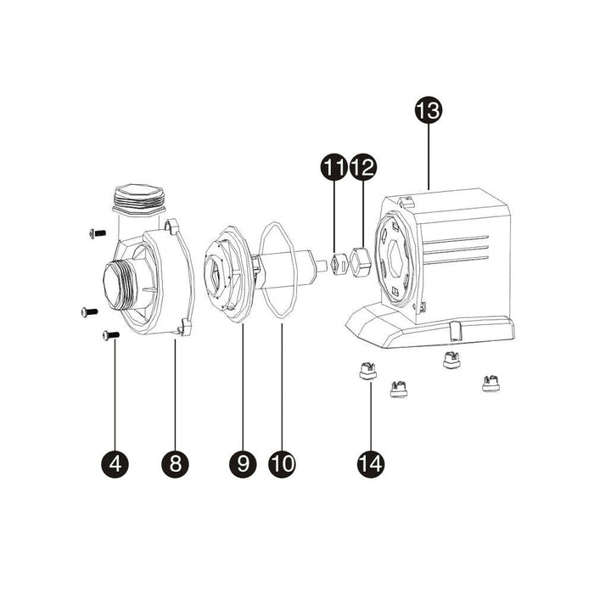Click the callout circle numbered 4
[114, 463]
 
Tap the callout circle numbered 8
[176, 463]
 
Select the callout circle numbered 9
[243, 463]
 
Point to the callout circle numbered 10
[282, 463]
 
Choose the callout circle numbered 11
[333, 168]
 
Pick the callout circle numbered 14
[371, 463]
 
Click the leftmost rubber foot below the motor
[363, 371]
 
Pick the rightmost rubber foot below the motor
[489, 383]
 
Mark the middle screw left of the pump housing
[87, 312]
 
